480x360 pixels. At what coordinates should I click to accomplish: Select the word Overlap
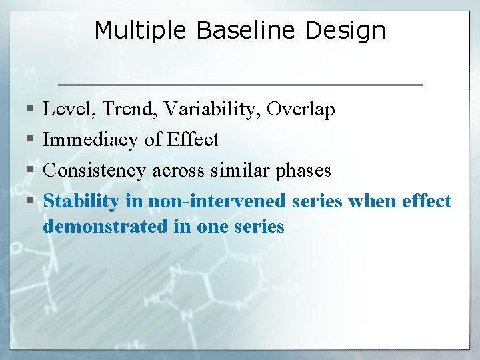click(301, 110)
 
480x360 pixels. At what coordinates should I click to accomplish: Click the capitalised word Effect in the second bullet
click(193, 139)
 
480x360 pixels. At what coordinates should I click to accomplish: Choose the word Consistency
click(95, 171)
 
